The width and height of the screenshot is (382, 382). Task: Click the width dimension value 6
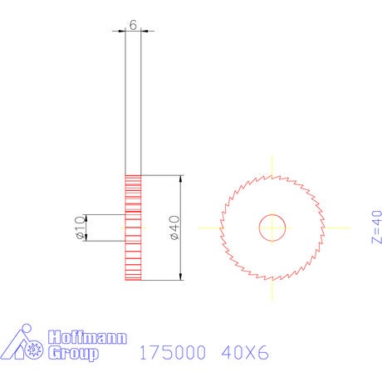pyautogui.click(x=133, y=25)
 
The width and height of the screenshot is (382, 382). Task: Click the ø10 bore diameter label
pyautogui.click(x=80, y=227)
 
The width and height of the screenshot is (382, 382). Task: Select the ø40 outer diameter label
pyautogui.click(x=174, y=228)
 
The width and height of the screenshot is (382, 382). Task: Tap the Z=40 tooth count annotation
pyautogui.click(x=376, y=227)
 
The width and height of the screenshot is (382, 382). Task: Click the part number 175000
pyautogui.click(x=173, y=352)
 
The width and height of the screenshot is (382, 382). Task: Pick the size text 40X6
pyautogui.click(x=245, y=352)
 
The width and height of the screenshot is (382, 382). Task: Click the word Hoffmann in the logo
pyautogui.click(x=87, y=337)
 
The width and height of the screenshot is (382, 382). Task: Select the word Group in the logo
pyautogui.click(x=73, y=353)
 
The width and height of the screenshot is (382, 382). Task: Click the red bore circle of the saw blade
pyautogui.click(x=272, y=215)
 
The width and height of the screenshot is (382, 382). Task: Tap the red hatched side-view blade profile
pyautogui.click(x=133, y=228)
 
